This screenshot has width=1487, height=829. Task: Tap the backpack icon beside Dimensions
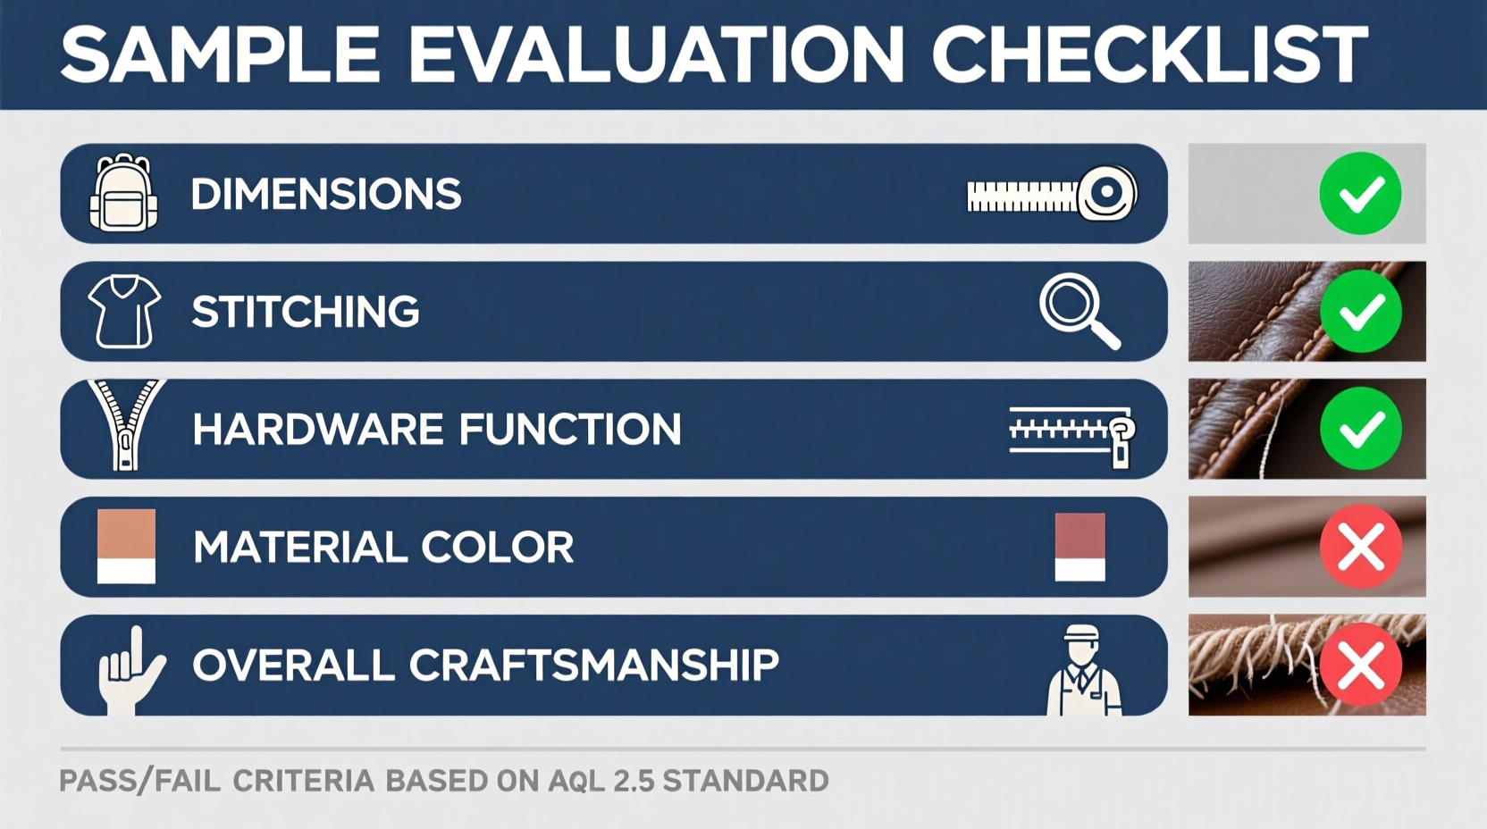click(124, 194)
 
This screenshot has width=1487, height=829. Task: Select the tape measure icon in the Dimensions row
click(1052, 194)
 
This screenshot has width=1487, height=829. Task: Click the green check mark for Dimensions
click(1360, 194)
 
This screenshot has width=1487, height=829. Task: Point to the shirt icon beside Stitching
click(124, 311)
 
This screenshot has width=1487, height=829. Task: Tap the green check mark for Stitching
click(1360, 311)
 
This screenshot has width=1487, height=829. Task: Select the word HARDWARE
click(317, 430)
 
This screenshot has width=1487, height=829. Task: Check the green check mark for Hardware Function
click(1360, 429)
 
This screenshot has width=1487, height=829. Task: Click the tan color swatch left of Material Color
click(126, 546)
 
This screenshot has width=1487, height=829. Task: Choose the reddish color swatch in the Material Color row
click(1080, 546)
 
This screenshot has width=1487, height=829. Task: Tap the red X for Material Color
click(1360, 547)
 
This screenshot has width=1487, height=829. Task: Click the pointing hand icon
click(130, 670)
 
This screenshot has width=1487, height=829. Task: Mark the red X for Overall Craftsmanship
click(1360, 665)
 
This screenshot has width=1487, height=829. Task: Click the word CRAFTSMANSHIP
click(594, 666)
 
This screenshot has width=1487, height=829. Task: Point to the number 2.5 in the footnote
click(633, 781)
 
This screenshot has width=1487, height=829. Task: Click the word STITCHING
click(306, 312)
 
